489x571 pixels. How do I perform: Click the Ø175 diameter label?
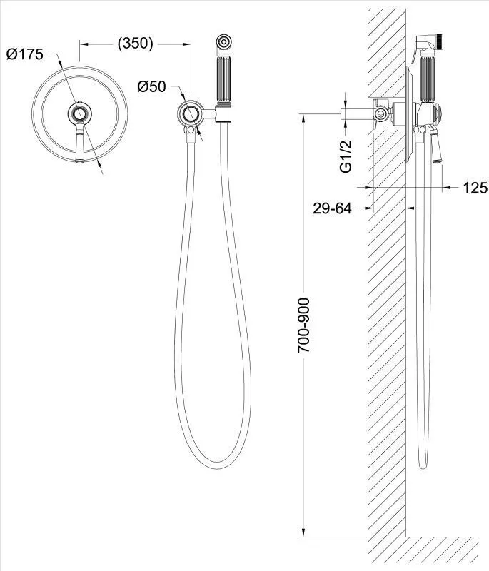(x=25, y=54)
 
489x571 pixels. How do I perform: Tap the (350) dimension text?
(x=135, y=43)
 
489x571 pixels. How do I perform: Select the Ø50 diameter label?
(x=151, y=86)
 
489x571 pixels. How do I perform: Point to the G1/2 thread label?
(x=346, y=156)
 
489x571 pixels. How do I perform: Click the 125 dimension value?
(x=475, y=188)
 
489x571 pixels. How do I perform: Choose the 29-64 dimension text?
(x=332, y=208)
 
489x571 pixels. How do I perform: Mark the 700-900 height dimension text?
(x=303, y=325)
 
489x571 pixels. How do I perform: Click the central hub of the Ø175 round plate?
(x=79, y=114)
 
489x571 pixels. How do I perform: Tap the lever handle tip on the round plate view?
(x=80, y=159)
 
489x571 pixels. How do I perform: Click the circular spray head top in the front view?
(x=223, y=41)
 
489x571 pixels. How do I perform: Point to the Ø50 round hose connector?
(x=189, y=114)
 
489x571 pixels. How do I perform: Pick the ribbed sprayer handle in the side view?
(x=427, y=79)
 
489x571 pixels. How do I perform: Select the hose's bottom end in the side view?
(x=423, y=465)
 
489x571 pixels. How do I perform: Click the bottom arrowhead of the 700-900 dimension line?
(x=303, y=532)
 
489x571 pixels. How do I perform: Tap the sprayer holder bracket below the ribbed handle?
(x=223, y=113)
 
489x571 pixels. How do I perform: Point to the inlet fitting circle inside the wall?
(x=380, y=114)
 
